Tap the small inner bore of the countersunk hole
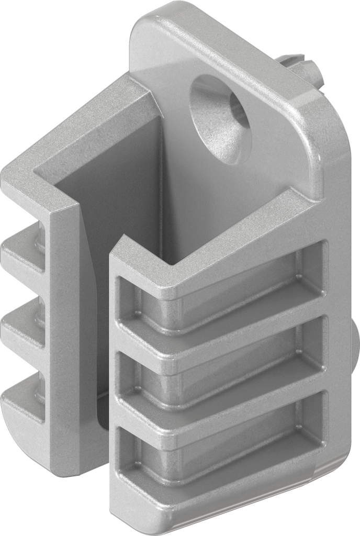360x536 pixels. coord(236,113)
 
